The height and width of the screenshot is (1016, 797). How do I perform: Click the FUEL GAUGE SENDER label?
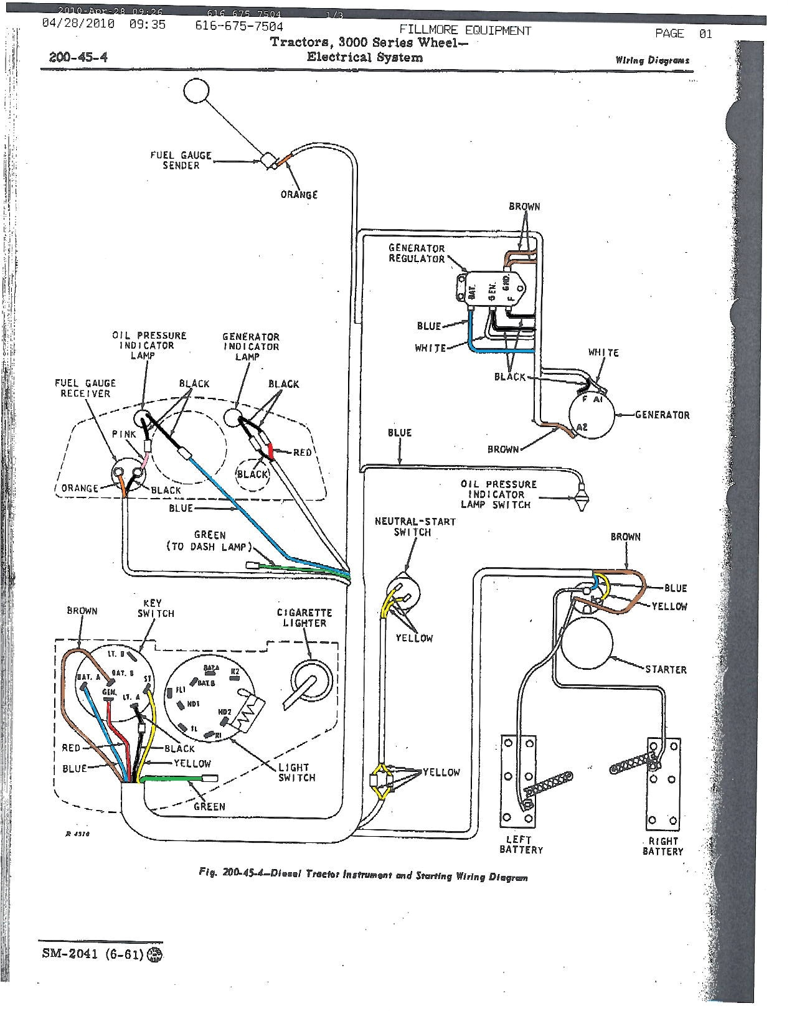tap(181, 160)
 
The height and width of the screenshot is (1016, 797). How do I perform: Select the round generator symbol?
tap(591, 415)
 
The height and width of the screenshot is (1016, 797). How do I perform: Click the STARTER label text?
tap(666, 669)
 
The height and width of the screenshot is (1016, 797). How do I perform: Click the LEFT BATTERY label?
tap(521, 844)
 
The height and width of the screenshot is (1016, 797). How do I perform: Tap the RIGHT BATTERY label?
tap(663, 845)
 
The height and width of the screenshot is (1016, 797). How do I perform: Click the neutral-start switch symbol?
tap(403, 590)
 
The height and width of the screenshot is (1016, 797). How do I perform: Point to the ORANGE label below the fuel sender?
tap(299, 194)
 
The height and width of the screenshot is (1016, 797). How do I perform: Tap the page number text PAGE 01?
tap(683, 34)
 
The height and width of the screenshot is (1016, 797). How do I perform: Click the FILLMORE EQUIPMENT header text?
tap(465, 30)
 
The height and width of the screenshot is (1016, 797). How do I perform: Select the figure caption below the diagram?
tap(363, 875)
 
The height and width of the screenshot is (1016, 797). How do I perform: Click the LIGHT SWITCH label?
tap(296, 772)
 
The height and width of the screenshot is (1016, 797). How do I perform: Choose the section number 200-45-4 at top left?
tap(78, 57)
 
